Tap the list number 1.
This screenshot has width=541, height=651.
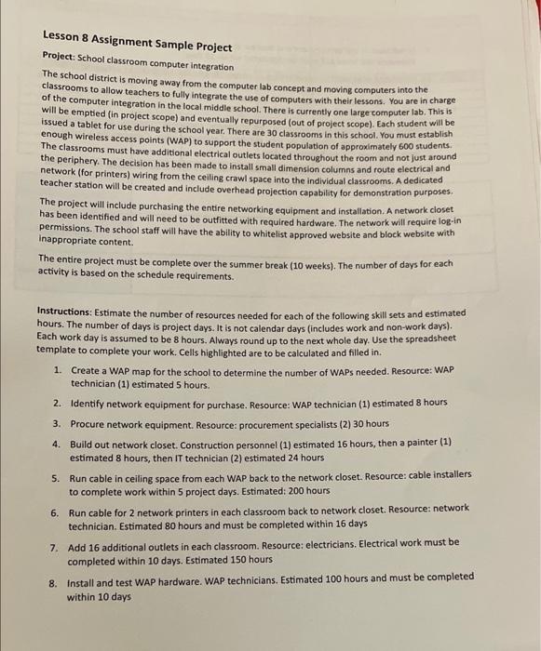(58, 369)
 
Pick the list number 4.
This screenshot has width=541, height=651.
(58, 444)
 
